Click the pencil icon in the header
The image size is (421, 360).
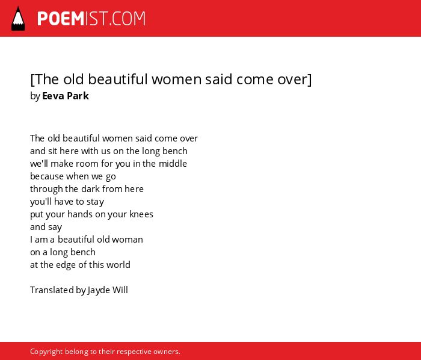coord(18,19)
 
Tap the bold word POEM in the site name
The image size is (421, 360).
coord(61,19)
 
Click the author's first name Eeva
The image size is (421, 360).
coord(52,96)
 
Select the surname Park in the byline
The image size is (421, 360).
coord(77,96)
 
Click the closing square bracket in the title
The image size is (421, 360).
coord(310,79)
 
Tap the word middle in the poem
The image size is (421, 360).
coord(173,163)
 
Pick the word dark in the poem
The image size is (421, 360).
coord(90,188)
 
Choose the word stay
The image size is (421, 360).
coord(95,202)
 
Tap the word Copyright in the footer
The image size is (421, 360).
coord(46,352)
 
